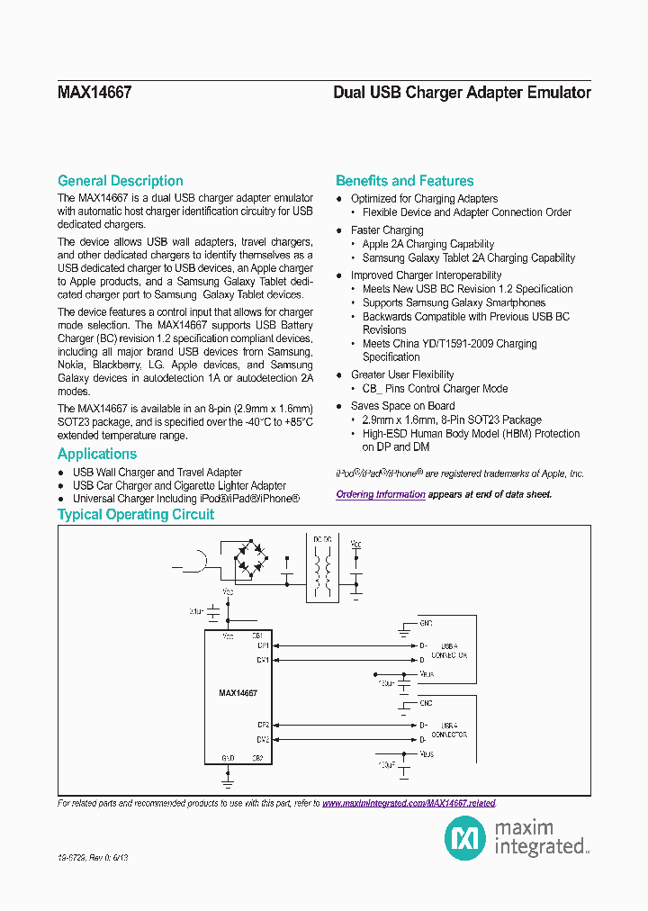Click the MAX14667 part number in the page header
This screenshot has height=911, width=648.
(94, 93)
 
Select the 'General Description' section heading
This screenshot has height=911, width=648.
(120, 181)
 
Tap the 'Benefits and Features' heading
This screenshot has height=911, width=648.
(404, 181)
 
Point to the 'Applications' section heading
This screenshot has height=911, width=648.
(97, 455)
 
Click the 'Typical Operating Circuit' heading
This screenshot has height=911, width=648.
(136, 515)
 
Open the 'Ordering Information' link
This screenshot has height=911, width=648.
(381, 494)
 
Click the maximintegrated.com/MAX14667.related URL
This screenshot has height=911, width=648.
(409, 803)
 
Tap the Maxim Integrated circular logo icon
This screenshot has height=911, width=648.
(465, 839)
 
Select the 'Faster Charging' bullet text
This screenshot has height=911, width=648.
(387, 230)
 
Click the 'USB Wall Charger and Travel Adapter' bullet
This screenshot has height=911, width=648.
(157, 473)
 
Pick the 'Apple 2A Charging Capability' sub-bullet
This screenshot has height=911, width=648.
(428, 244)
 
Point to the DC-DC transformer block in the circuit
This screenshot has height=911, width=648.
(322, 568)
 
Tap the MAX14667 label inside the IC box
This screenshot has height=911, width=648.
(238, 694)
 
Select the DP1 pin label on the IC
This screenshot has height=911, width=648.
(263, 645)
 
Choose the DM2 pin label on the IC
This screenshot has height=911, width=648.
(263, 740)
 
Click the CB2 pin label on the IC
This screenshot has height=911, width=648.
(257, 758)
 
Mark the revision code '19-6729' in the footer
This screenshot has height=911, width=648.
(72, 859)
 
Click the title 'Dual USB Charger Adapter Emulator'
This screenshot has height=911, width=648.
(462, 93)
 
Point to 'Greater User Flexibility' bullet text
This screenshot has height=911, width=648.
(402, 374)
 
